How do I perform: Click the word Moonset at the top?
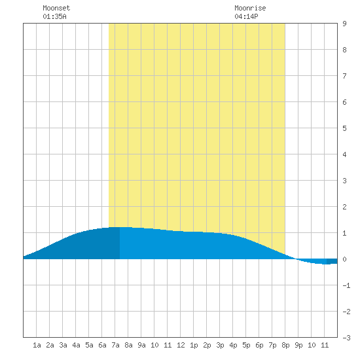pos(56,8)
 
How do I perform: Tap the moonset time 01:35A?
pos(54,16)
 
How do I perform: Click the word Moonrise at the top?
pos(250,8)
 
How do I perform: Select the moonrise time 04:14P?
pos(246,16)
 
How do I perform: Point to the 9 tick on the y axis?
pos(344,24)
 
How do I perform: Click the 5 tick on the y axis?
pos(344,128)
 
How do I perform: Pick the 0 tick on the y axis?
pos(344,259)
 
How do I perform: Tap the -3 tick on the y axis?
pos(346,338)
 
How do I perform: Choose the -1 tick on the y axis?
pos(346,285)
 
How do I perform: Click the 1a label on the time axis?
pos(37,345)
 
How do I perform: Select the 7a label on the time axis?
pos(115,345)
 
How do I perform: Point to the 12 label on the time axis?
pos(181,345)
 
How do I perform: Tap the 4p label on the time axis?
pos(233,345)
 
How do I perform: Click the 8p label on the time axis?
pos(285,345)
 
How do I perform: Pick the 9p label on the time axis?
pos(298,345)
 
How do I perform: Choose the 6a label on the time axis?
pos(102,345)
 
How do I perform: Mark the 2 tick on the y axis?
pos(344,207)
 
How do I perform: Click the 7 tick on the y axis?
pos(344,76)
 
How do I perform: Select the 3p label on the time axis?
pos(220,345)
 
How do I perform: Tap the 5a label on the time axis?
pos(89,345)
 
